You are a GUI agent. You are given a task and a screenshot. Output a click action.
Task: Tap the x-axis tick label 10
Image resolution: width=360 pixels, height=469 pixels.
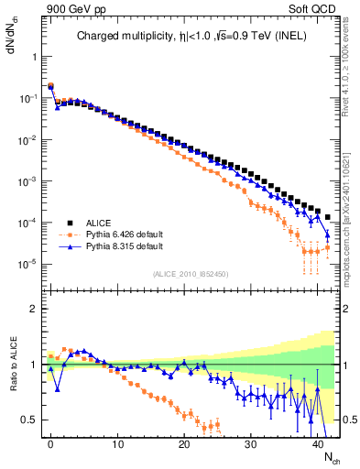(117, 442)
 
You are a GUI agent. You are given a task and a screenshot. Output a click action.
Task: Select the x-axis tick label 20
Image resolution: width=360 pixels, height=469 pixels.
(184, 442)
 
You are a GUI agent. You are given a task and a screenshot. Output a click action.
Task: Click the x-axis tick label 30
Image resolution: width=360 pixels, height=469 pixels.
(251, 442)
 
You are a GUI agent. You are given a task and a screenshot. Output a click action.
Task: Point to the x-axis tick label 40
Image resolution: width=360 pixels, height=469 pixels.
(318, 442)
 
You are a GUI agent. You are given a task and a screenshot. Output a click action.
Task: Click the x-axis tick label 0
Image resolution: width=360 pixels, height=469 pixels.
(50, 442)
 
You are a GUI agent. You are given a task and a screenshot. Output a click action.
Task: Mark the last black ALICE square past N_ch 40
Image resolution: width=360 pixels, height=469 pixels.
(328, 217)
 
